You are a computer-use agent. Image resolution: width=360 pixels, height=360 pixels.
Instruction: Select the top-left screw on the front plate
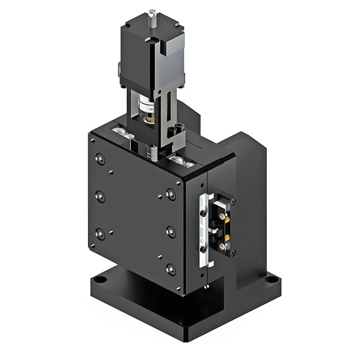click(x=100, y=158)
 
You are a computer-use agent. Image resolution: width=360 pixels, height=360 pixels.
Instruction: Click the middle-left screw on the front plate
click(x=100, y=197)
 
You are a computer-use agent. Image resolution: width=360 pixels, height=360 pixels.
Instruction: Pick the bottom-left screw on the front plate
click(x=100, y=234)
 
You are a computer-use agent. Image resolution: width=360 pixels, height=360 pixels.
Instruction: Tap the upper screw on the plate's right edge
click(x=171, y=194)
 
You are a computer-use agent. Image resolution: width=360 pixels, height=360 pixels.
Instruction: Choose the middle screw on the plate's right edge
click(x=171, y=231)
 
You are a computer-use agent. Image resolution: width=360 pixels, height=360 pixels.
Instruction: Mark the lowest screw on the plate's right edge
click(x=170, y=268)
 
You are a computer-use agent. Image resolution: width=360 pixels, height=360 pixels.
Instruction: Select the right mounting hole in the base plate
click(x=269, y=280)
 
